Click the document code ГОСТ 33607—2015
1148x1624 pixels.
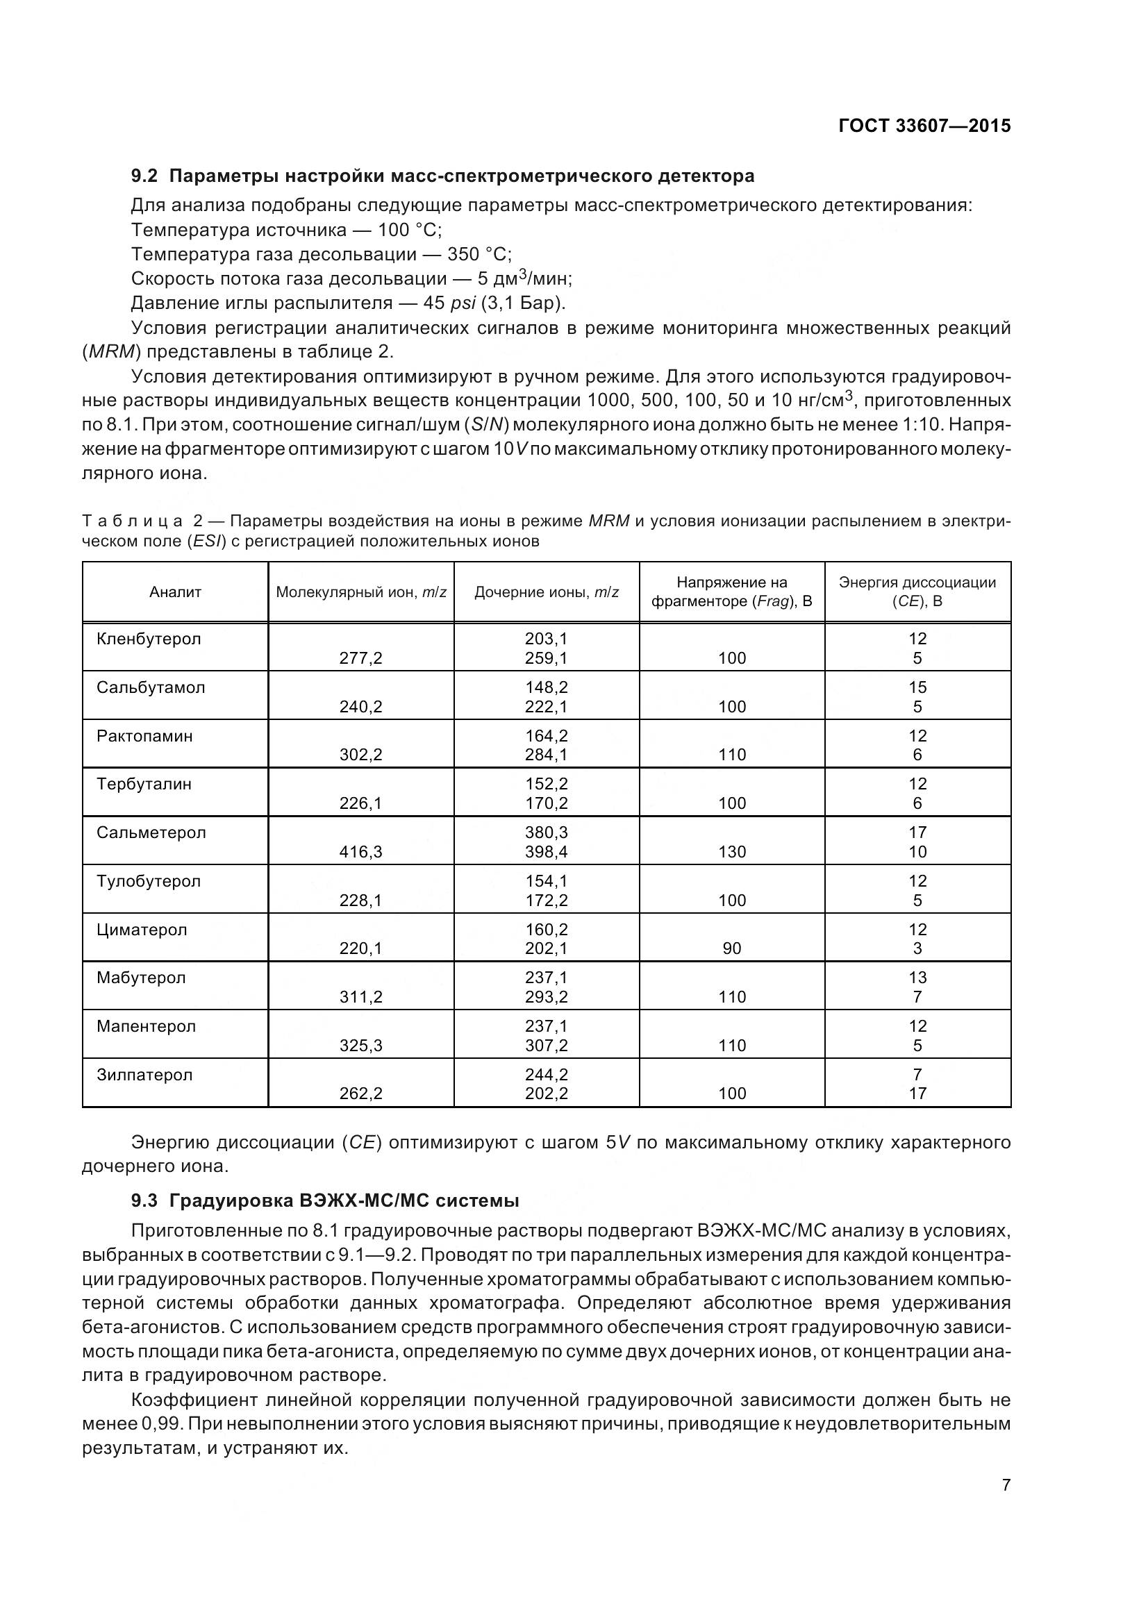tap(924, 126)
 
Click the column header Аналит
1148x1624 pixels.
tap(176, 592)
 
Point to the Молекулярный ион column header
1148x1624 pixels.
tap(360, 592)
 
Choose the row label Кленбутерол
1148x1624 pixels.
tap(149, 639)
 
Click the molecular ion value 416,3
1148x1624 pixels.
tap(360, 852)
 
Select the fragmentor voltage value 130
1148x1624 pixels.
tap(731, 852)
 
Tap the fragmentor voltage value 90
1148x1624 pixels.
tap(731, 948)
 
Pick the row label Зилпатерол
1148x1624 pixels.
tap(144, 1074)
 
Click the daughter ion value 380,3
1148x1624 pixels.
tap(546, 832)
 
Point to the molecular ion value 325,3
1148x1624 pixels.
tap(360, 1046)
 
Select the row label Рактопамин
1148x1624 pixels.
tap(144, 735)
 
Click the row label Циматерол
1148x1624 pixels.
tap(142, 930)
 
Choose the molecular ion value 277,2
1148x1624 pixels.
tap(360, 658)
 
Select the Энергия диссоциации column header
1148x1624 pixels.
tap(917, 592)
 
